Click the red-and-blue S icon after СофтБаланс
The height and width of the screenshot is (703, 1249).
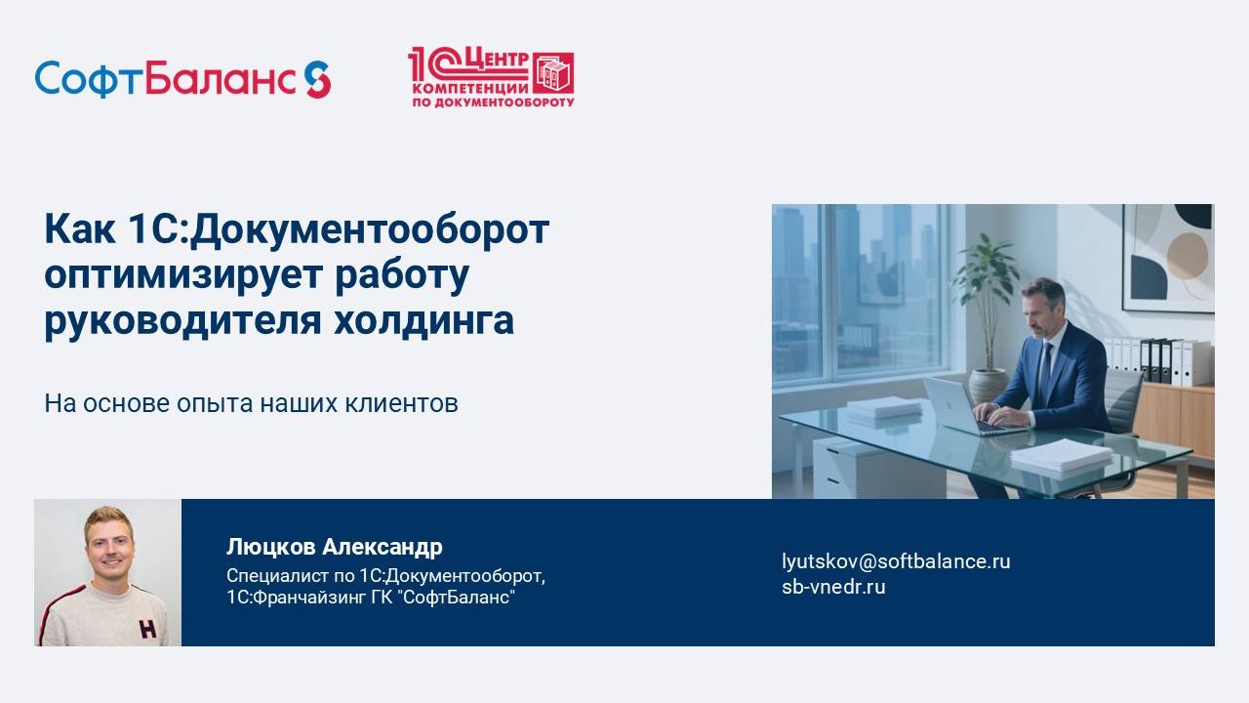point(317,79)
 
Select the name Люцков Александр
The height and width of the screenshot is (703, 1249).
point(334,547)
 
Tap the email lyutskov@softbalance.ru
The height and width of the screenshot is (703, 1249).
point(896,561)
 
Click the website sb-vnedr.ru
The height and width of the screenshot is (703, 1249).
point(833,587)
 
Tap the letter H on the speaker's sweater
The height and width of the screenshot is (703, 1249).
point(146,628)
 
